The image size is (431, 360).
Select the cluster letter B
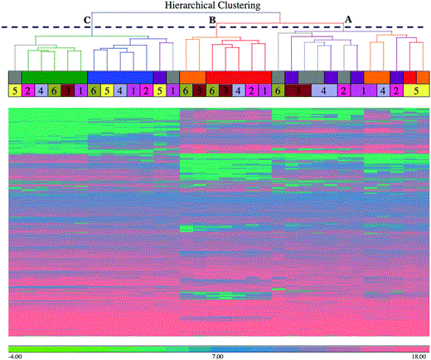pyautogui.click(x=211, y=19)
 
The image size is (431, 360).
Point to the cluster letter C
pyautogui.click(x=86, y=19)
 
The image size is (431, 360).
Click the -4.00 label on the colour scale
pyautogui.click(x=16, y=355)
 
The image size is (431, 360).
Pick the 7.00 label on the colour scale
pyautogui.click(x=219, y=355)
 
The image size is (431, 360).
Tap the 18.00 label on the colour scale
pyautogui.click(x=416, y=355)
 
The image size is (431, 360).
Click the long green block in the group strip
pyautogui.click(x=55, y=76)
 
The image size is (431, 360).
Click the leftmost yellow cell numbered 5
pyautogui.click(x=15, y=90)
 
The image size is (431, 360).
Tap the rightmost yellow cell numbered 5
pyautogui.click(x=416, y=90)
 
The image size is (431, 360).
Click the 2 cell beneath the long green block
pyautogui.click(x=27, y=90)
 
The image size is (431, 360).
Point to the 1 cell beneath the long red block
pyautogui.click(x=264, y=90)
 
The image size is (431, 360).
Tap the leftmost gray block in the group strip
pyautogui.click(x=14, y=76)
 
